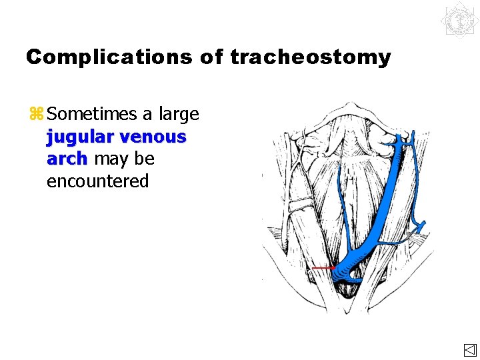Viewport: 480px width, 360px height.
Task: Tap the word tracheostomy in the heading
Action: [310, 57]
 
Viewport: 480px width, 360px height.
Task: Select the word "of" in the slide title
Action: [211, 57]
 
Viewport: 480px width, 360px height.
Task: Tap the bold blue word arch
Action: [67, 159]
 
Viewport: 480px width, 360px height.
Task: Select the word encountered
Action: [97, 181]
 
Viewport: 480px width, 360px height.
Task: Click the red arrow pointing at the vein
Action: [323, 268]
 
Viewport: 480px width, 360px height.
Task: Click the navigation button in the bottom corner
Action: [469, 351]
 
